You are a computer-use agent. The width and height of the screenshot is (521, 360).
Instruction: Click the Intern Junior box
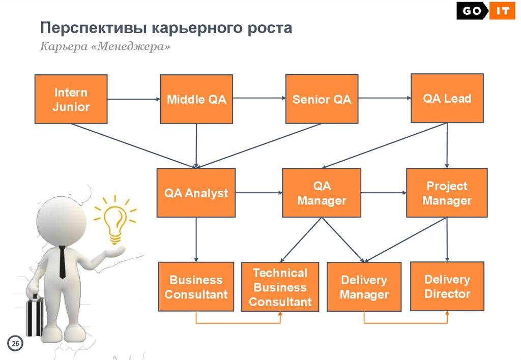[x=71, y=99]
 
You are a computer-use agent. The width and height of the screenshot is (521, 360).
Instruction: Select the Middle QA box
[x=196, y=99]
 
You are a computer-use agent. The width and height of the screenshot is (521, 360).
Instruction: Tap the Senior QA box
[x=322, y=99]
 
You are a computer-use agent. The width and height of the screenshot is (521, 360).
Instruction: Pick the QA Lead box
[x=447, y=98]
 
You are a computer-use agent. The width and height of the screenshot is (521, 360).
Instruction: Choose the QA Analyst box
[x=196, y=193]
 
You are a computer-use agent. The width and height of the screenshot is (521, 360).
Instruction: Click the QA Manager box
[x=322, y=193]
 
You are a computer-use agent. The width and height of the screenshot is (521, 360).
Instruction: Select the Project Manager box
[x=447, y=193]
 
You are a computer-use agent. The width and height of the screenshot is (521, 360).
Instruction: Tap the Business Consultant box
[x=196, y=287]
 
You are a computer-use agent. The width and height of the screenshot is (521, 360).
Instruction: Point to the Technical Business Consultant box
[x=280, y=287]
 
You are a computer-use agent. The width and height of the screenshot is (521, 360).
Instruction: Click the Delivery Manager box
[x=364, y=287]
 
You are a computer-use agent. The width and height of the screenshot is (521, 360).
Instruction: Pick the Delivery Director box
[x=447, y=286]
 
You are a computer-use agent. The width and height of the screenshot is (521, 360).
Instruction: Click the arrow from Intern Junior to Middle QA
[x=134, y=99]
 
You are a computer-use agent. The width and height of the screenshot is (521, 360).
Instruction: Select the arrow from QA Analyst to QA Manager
[x=259, y=193]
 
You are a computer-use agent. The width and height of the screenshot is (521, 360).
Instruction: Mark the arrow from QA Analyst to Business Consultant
[x=196, y=240]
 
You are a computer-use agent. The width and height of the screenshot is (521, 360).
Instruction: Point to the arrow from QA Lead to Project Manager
[x=447, y=146]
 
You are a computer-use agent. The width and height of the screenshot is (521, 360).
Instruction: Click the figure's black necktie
[x=62, y=262]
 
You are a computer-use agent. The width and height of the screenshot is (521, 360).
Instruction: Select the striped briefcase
[x=35, y=315]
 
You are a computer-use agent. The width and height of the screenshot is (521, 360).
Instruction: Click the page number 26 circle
[x=15, y=343]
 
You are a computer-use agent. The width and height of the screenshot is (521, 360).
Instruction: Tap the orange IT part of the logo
[x=502, y=11]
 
